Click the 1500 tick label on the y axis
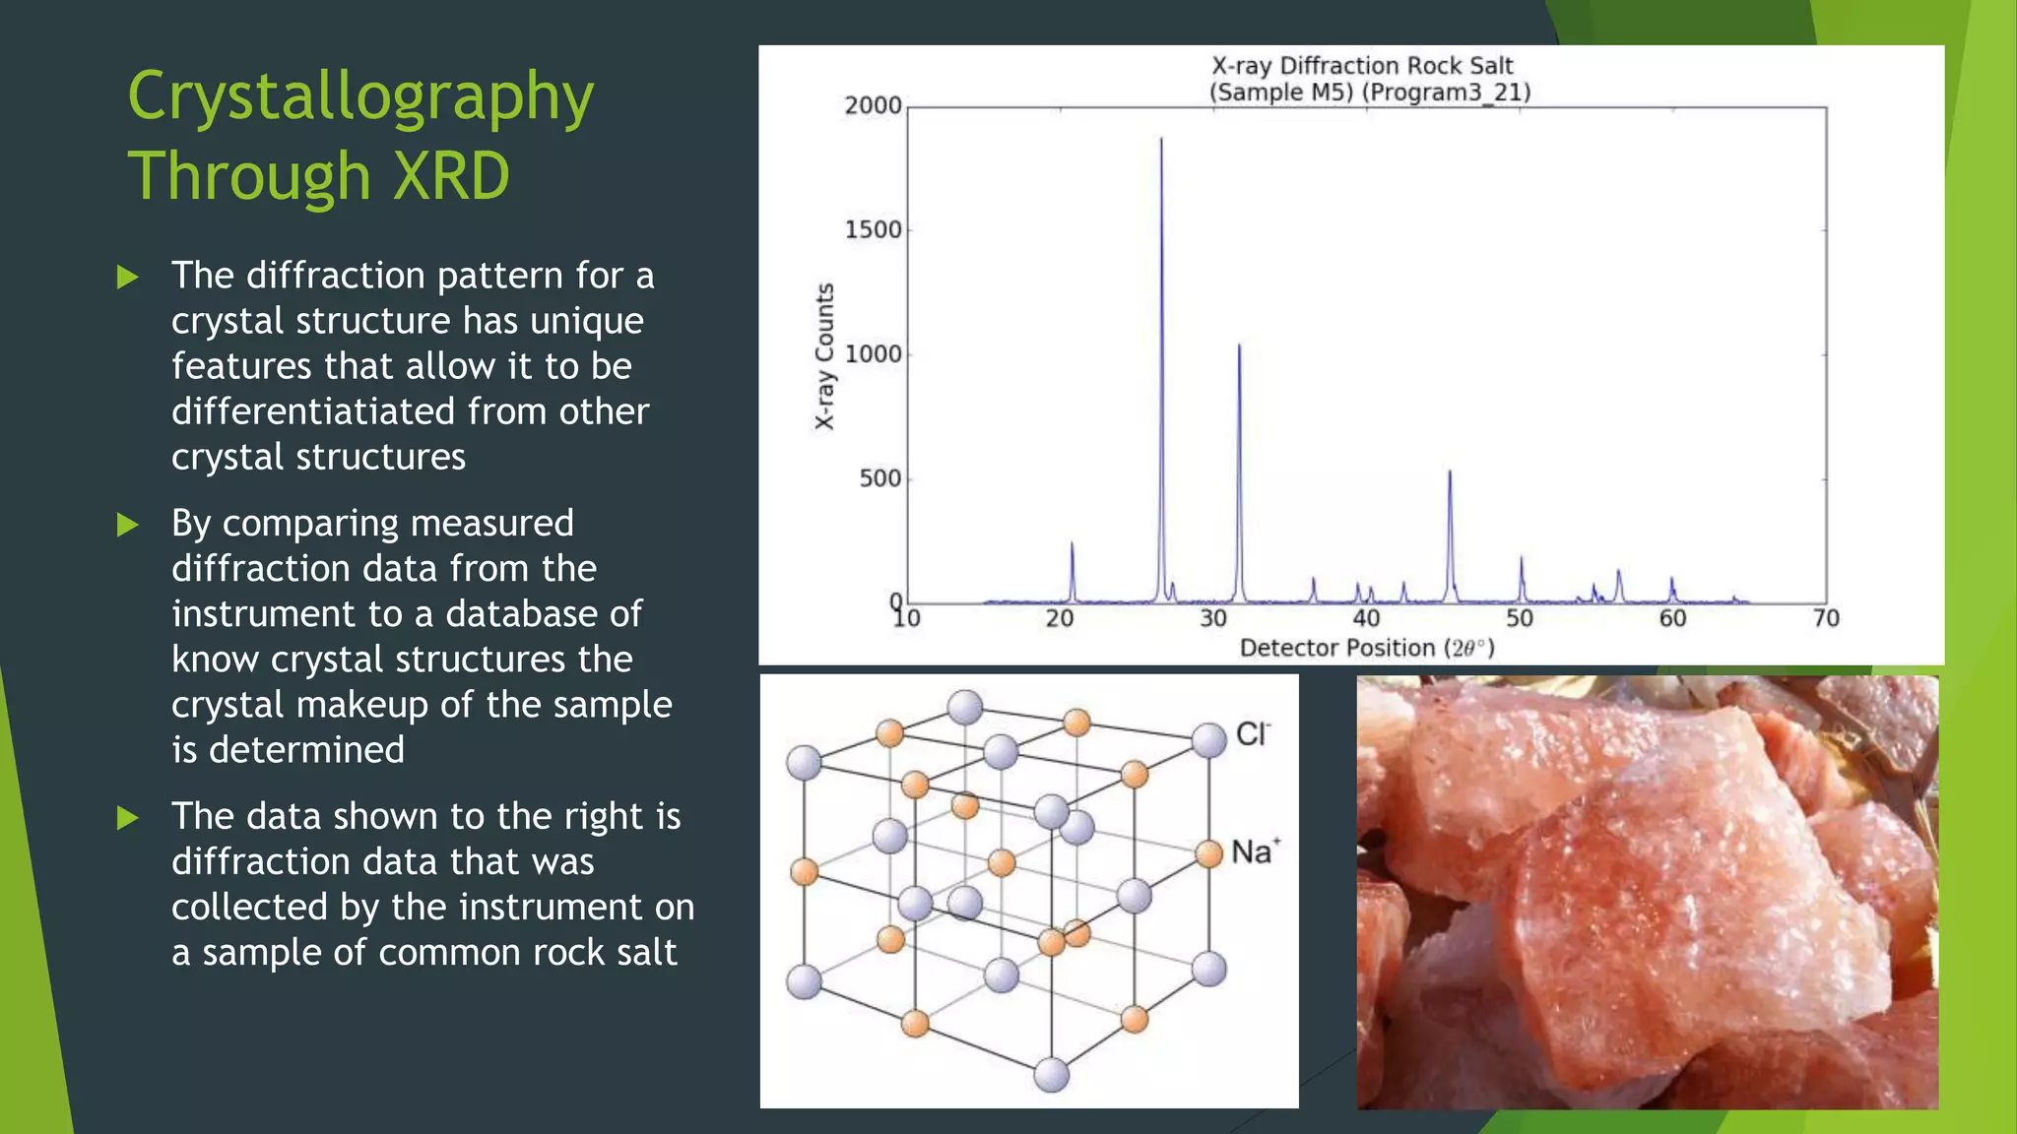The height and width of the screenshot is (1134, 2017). [873, 230]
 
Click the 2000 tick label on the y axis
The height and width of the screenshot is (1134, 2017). [873, 105]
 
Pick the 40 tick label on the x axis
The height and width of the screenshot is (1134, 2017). [1366, 619]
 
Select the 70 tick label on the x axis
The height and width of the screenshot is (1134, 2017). [1826, 619]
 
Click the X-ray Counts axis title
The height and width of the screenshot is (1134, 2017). [825, 356]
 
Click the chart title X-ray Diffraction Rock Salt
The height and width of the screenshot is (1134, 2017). [1362, 66]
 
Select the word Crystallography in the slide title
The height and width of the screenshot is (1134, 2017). [360, 98]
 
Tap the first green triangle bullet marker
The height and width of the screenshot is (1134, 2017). [127, 277]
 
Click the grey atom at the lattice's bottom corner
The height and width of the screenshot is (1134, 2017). [1052, 1075]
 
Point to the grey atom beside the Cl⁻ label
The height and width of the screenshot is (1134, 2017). [1208, 740]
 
